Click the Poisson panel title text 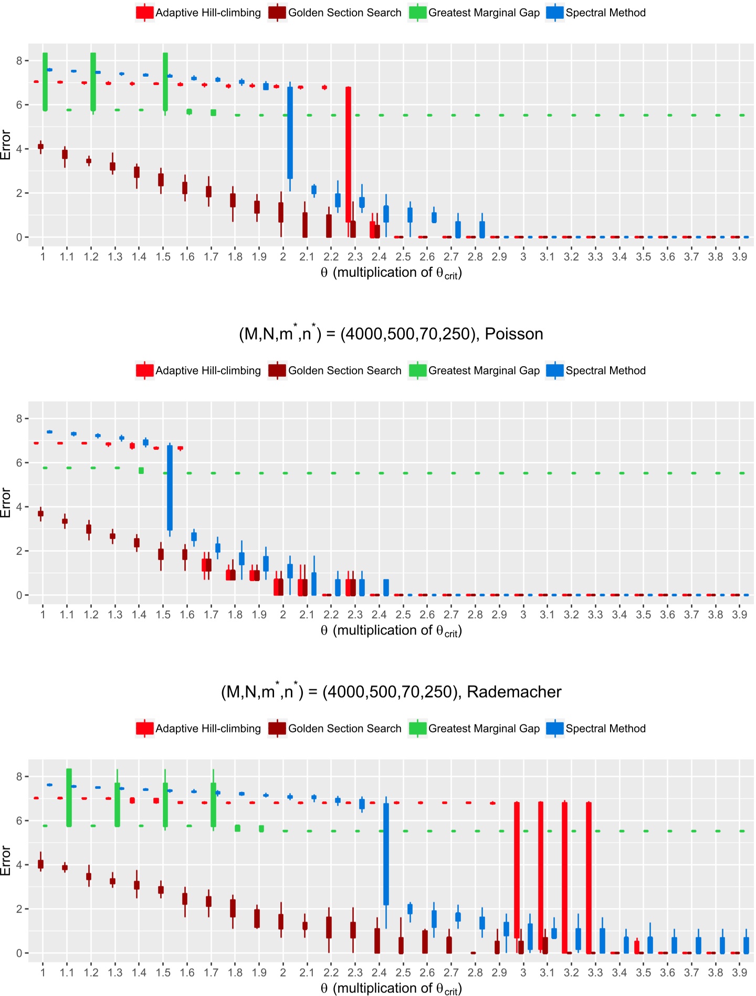[x=391, y=334]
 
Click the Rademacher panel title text [x=391, y=692]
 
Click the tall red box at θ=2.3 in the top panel [x=348, y=155]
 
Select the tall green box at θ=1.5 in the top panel [x=165, y=81]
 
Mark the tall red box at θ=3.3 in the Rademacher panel [x=589, y=877]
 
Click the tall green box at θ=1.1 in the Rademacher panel [x=69, y=797]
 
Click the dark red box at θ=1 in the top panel [x=40, y=147]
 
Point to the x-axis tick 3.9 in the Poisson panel [x=739, y=614]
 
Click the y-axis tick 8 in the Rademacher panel [x=19, y=776]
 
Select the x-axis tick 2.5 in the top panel [x=403, y=256]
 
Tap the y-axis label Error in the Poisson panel [x=6, y=502]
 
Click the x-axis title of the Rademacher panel [x=391, y=988]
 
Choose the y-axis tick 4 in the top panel [x=19, y=149]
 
